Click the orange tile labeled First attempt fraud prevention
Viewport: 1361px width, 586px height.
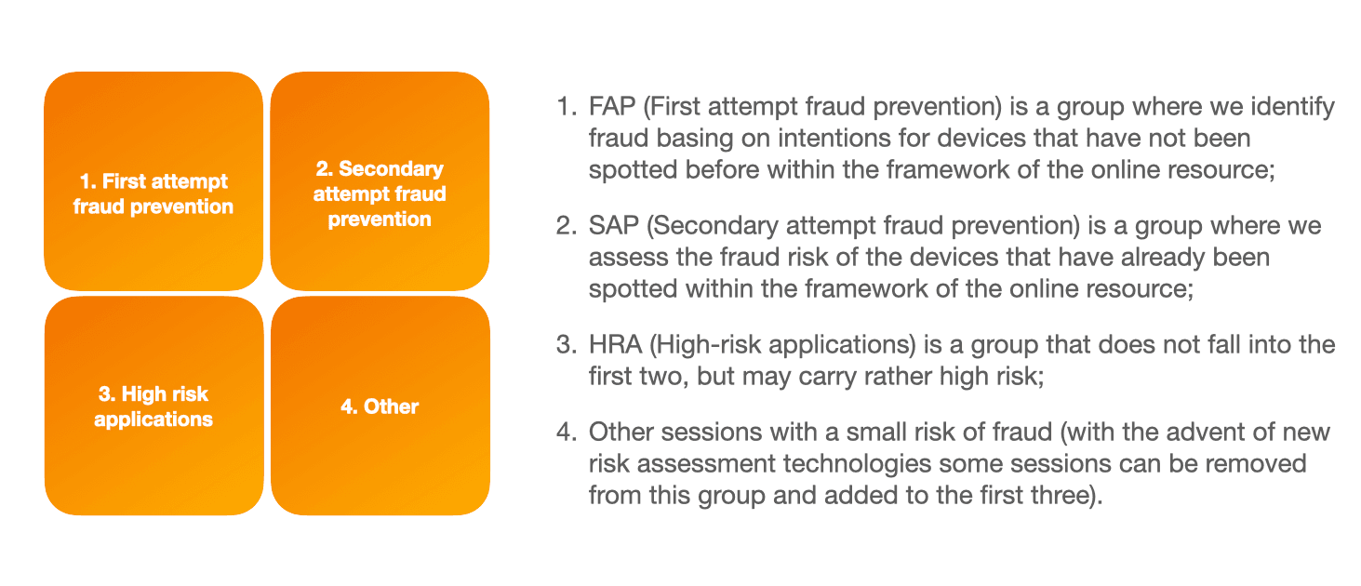click(x=153, y=181)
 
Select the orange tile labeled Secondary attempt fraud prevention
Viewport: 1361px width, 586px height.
click(x=380, y=181)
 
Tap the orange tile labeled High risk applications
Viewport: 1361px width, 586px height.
click(x=153, y=406)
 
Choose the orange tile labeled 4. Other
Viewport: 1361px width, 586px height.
click(x=380, y=406)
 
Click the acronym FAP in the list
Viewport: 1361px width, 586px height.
click(x=612, y=107)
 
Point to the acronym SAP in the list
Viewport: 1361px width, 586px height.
click(x=614, y=226)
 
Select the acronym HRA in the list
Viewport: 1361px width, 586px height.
click(x=616, y=345)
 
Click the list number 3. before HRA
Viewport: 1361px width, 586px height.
click(x=567, y=345)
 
